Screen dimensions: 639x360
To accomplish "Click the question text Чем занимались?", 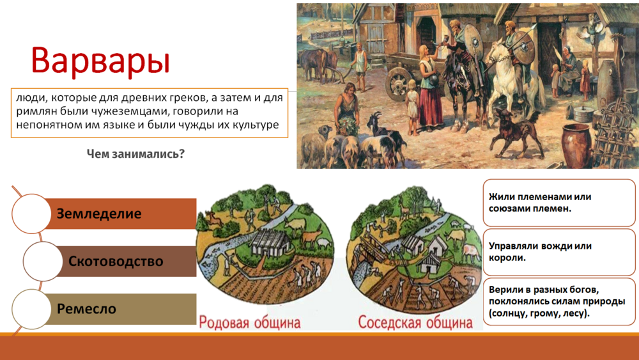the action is [135, 153].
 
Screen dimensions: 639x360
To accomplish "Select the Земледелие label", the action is [99, 214].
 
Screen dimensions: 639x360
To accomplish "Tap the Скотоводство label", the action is [116, 261].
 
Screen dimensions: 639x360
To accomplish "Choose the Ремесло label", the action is [86, 309].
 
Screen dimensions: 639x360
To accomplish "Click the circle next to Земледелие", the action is [31, 214].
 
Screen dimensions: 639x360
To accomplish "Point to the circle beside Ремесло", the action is [31, 309].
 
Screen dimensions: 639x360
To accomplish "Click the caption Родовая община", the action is [250, 322].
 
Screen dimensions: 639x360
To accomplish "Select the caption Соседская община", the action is [415, 322].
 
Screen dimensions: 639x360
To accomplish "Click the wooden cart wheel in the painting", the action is [398, 84].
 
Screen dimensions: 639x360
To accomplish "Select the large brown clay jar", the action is [575, 145].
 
